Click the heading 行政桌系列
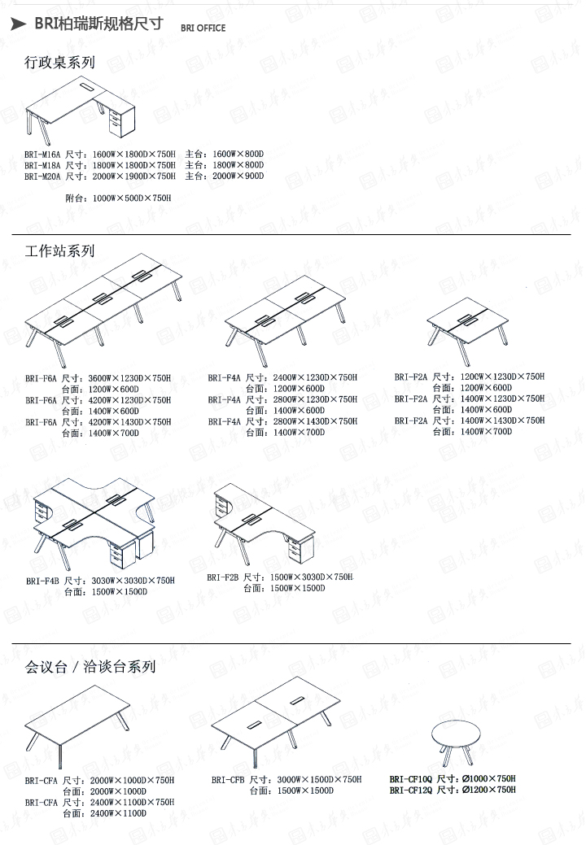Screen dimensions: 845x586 point(59,62)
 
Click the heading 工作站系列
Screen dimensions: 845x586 point(59,250)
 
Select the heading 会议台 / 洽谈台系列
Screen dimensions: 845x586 point(90,667)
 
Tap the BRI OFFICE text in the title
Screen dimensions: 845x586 point(203,28)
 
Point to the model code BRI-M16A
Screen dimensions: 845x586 point(42,154)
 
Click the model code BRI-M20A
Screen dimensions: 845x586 point(42,176)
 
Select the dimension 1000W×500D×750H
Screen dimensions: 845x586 point(132,198)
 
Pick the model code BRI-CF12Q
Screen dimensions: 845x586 point(411,790)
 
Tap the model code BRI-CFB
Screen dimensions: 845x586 point(228,780)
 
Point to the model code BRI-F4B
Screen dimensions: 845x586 point(42,581)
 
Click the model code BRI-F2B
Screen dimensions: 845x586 point(222,577)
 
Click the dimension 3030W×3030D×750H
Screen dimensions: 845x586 point(132,581)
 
